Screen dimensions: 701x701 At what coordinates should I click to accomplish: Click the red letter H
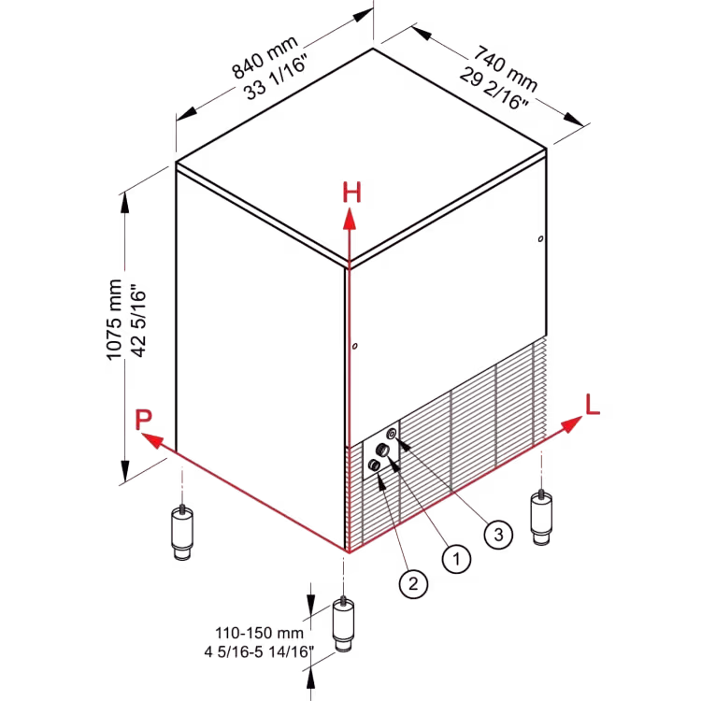click(x=351, y=193)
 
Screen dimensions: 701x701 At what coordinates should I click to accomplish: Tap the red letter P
click(x=144, y=420)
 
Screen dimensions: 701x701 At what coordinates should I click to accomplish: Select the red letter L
click(x=592, y=405)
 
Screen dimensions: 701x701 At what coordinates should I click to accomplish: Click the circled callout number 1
click(x=456, y=558)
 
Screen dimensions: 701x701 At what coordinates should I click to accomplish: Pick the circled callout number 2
click(x=413, y=583)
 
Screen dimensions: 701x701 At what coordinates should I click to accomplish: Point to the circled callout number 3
click(x=498, y=534)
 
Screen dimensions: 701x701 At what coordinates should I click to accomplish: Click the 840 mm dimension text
click(x=265, y=56)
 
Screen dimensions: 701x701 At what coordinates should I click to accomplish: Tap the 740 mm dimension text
click(x=506, y=67)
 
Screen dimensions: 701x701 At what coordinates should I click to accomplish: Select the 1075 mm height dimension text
click(x=114, y=320)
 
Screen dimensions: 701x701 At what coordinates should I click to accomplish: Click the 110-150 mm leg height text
click(x=259, y=633)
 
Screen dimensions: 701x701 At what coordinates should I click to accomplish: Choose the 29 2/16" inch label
click(x=494, y=89)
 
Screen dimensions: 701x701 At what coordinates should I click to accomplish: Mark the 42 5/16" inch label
click(x=138, y=320)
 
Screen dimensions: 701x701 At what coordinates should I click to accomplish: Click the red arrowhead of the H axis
click(x=350, y=221)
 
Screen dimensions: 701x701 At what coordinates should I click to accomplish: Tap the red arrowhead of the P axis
click(x=152, y=440)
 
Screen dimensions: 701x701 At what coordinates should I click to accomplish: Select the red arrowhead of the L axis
click(x=571, y=423)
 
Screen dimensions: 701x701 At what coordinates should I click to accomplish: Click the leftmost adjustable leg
click(x=182, y=532)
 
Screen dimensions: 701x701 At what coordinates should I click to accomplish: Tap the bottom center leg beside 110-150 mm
click(x=343, y=624)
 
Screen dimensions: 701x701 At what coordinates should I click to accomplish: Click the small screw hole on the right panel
click(x=540, y=238)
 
